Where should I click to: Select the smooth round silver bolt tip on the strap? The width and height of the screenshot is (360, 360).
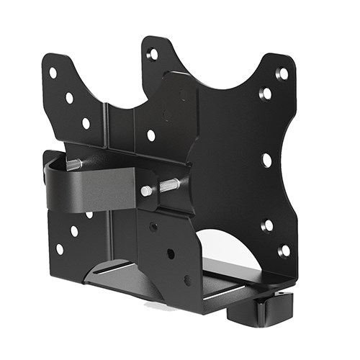click(x=147, y=191)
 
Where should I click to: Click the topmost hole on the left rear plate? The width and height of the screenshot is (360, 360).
click(x=53, y=73)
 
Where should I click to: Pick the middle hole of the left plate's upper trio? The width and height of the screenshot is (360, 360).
click(x=69, y=98)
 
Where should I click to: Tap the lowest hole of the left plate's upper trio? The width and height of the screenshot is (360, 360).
click(x=86, y=123)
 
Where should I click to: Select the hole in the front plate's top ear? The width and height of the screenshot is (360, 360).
click(x=153, y=54)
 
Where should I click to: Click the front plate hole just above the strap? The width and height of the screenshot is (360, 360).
click(x=150, y=135)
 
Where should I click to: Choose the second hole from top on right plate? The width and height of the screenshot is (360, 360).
click(x=266, y=94)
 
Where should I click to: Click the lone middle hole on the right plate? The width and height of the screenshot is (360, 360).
click(x=267, y=159)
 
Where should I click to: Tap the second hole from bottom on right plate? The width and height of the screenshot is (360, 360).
click(x=267, y=226)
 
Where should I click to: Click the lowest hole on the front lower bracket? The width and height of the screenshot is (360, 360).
click(x=187, y=280)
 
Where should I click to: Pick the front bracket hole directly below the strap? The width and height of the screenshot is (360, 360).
click(x=153, y=227)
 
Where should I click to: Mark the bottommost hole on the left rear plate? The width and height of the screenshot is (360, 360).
click(x=59, y=249)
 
